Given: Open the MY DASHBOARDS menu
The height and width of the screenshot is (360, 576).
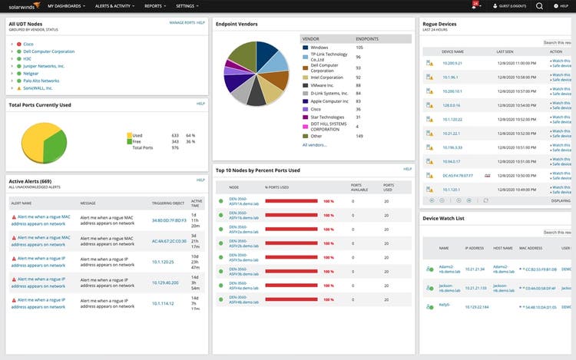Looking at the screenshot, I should [65, 5].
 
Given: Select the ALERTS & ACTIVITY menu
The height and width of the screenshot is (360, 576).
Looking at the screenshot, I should [114, 5].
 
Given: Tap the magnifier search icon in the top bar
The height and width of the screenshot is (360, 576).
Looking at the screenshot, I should [539, 5].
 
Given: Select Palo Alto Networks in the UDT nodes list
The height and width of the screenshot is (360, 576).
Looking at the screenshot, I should [40, 81].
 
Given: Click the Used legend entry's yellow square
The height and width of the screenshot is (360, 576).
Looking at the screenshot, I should [128, 135].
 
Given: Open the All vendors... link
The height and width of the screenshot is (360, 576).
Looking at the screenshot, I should [314, 144].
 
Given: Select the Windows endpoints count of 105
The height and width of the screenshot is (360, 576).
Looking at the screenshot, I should [359, 48].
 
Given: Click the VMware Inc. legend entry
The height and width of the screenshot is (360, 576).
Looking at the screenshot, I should [326, 85].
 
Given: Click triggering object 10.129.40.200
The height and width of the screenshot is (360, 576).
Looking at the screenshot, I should [165, 282].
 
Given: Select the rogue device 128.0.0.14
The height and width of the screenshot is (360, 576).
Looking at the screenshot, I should [451, 105].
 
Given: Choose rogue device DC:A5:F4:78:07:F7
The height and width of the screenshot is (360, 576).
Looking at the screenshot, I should [457, 175].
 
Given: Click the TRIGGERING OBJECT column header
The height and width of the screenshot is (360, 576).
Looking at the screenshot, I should [167, 203].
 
